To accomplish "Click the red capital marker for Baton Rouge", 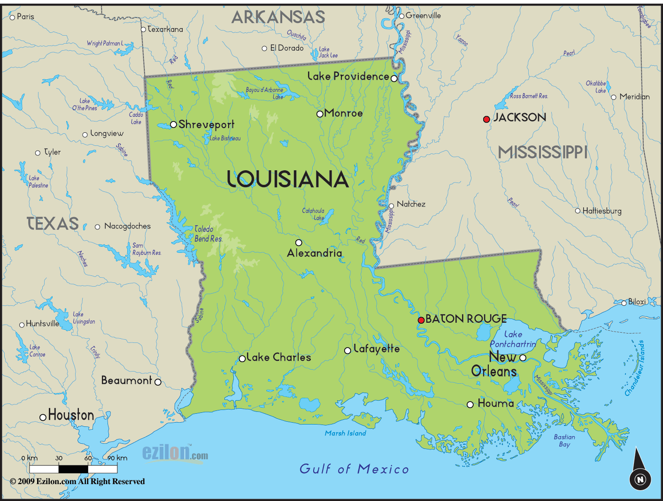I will coord(421,320).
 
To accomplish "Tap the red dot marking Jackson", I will coord(486,119).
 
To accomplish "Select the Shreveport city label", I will coord(206,125).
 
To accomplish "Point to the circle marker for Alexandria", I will coord(299,243).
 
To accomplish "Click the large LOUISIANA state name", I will coord(287,179).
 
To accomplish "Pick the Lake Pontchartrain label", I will coord(513,339).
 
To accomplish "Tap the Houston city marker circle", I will coord(43,417).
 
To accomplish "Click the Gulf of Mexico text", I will coord(354,469).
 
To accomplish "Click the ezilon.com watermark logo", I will coord(175,453).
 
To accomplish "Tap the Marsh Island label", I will coord(345,433).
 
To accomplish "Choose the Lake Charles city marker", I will coord(242,359).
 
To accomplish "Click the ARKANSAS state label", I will coord(278,17).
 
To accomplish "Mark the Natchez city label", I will coord(411,204).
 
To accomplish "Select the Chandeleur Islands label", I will coord(634,368).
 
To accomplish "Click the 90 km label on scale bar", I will coord(117,458).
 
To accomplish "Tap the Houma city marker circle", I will coord(470,404).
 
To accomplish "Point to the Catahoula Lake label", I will coord(314,214).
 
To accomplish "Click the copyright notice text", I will coord(77,481).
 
